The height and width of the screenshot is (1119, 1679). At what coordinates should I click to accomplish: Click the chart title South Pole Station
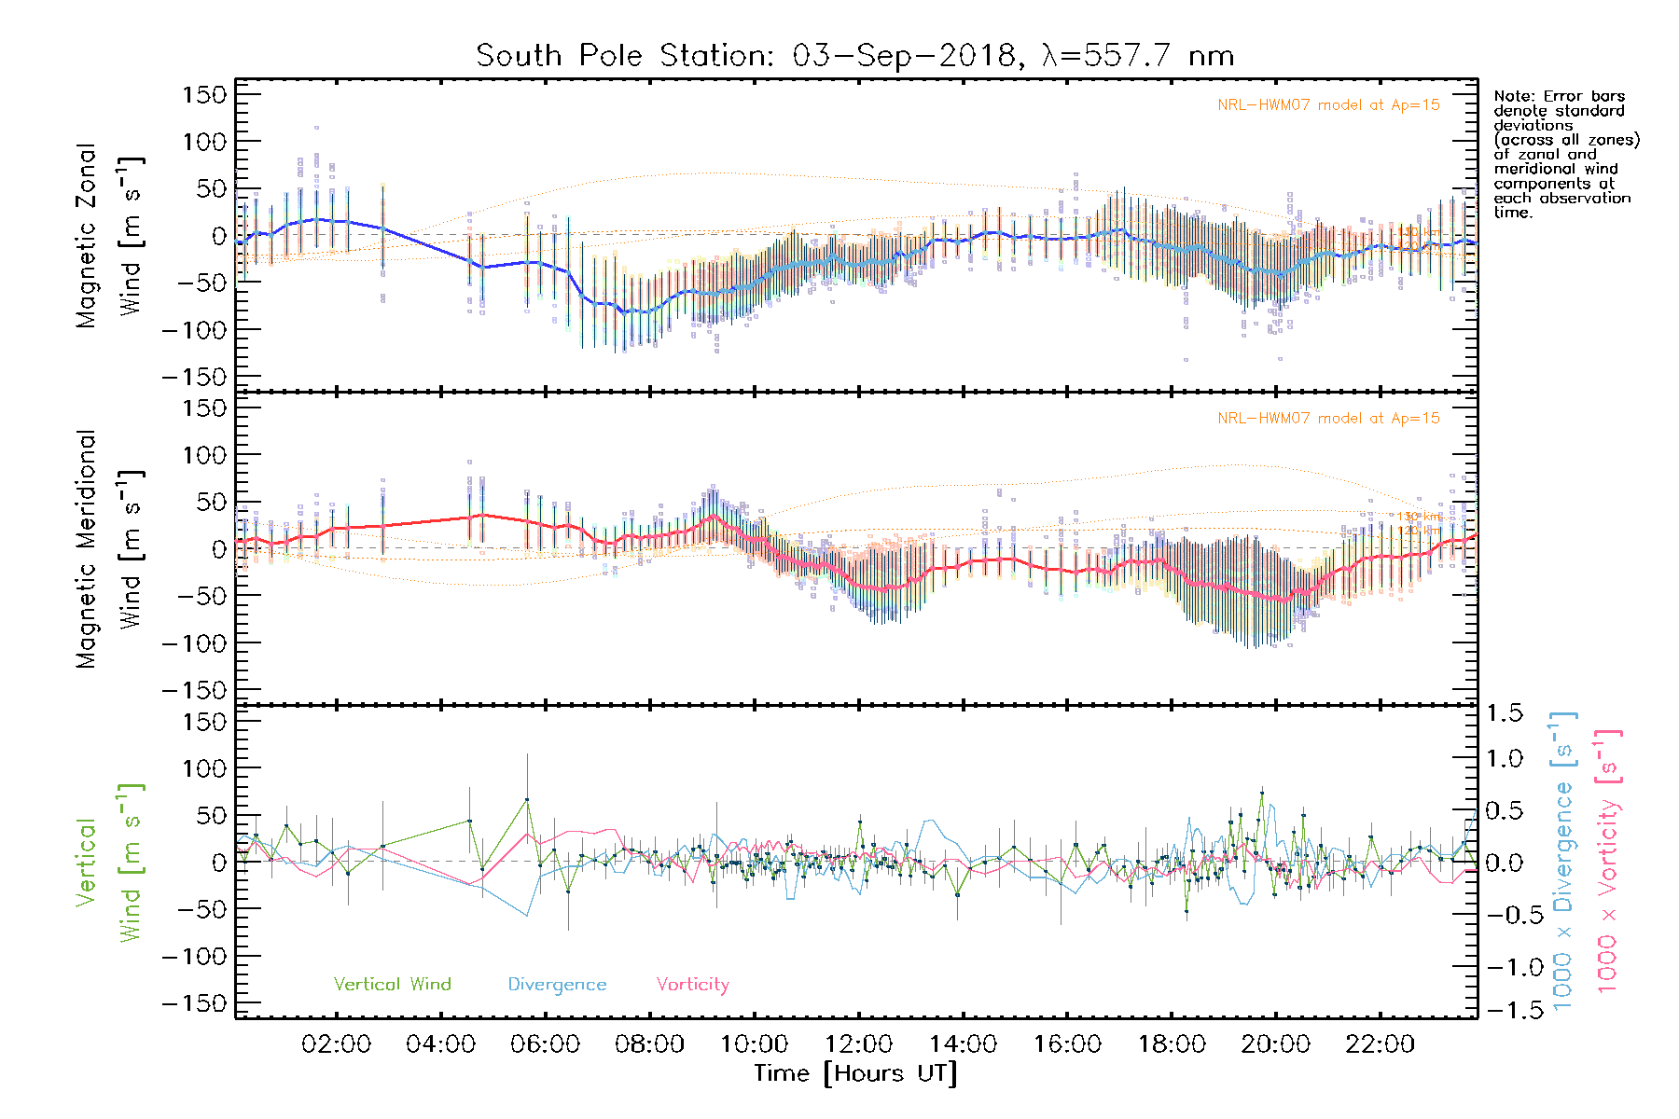[x=854, y=56]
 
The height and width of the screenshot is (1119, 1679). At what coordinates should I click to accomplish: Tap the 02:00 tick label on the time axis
[x=336, y=1044]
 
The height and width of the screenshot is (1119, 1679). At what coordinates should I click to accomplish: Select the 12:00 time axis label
[x=858, y=1044]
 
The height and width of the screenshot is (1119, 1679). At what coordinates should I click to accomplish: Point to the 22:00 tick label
[x=1380, y=1044]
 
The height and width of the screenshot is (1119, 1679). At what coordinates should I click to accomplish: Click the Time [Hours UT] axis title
[x=855, y=1073]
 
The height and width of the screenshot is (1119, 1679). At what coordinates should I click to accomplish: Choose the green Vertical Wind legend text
[x=392, y=984]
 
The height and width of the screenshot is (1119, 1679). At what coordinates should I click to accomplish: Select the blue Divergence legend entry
[x=557, y=984]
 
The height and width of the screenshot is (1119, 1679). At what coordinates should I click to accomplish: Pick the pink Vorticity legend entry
[x=692, y=984]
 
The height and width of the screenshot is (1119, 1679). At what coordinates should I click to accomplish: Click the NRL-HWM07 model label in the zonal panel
[x=1328, y=105]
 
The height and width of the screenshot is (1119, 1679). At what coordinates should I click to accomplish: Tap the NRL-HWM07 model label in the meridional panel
[x=1328, y=419]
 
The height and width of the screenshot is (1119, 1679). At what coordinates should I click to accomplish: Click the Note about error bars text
[x=1565, y=154]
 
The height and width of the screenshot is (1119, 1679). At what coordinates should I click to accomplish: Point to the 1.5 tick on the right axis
[x=1505, y=713]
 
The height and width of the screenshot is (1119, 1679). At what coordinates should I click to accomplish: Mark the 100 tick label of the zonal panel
[x=204, y=142]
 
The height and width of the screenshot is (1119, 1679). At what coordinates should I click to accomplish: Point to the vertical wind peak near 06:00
[x=527, y=799]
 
